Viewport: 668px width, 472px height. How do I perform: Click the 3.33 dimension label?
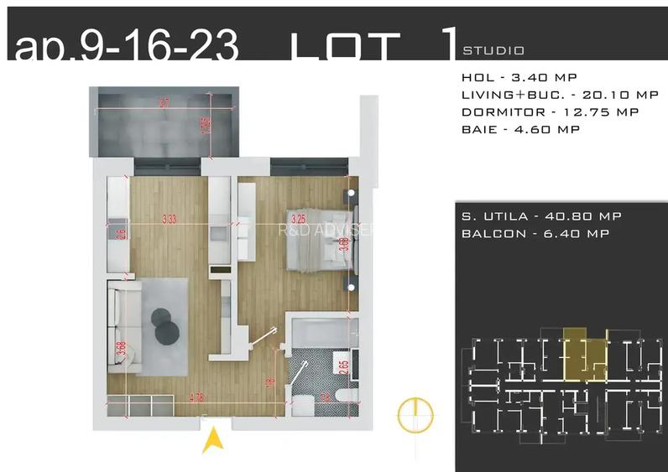(x=169, y=220)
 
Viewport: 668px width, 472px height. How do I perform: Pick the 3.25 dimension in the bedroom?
(x=295, y=215)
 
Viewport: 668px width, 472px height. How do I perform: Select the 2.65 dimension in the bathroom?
(x=342, y=365)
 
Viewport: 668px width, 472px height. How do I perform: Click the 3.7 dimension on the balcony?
(x=164, y=103)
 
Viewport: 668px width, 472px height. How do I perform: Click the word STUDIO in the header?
(x=493, y=50)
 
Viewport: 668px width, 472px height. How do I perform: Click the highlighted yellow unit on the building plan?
(x=583, y=352)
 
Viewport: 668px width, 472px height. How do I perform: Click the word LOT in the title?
(x=343, y=49)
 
